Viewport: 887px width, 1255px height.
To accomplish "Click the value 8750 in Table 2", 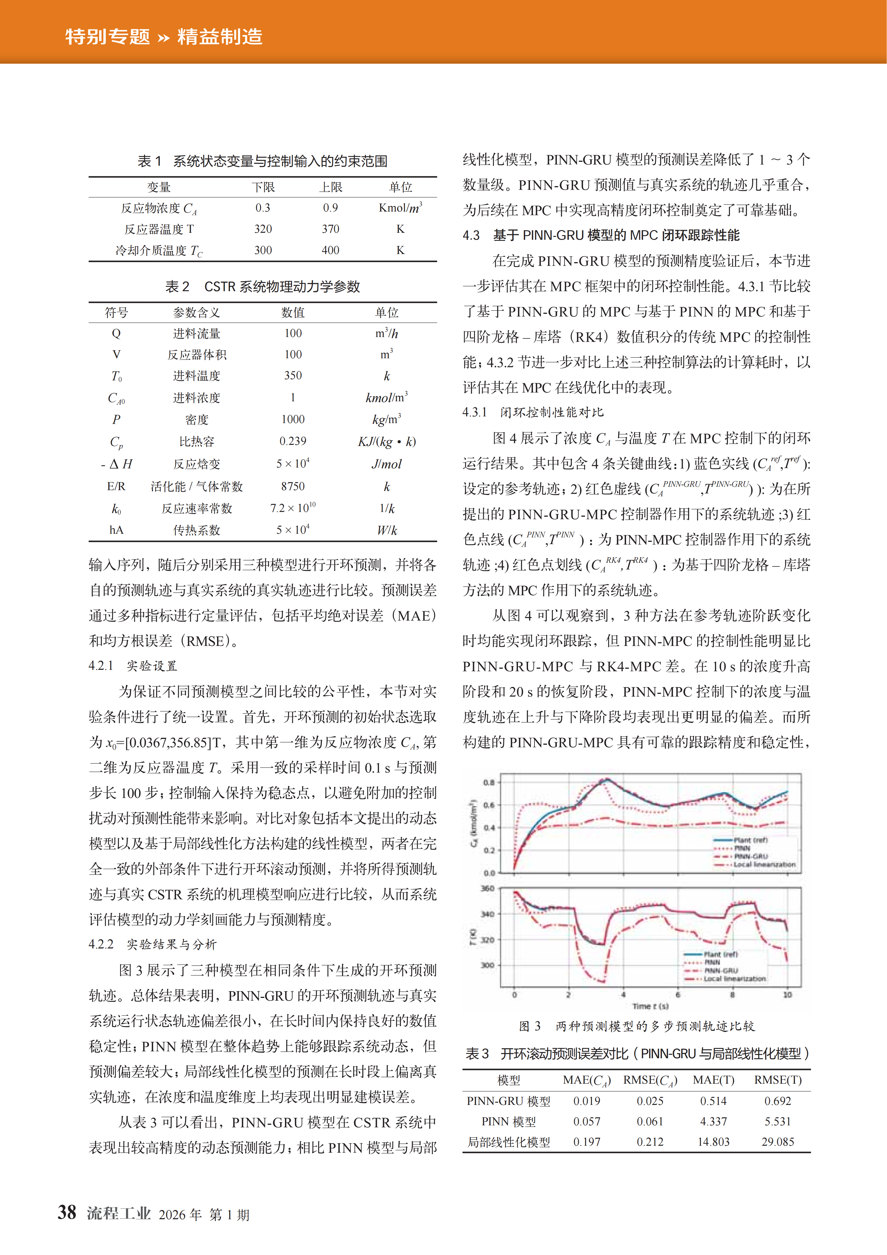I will [x=293, y=486].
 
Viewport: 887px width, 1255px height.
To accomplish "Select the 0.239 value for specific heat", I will [x=293, y=441].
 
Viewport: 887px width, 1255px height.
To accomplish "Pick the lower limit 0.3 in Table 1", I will [x=263, y=208].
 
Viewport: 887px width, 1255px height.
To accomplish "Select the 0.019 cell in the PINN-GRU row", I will [x=586, y=1101].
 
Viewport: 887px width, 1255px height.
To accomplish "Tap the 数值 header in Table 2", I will [x=293, y=313].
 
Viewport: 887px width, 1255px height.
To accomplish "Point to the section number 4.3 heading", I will [x=471, y=236].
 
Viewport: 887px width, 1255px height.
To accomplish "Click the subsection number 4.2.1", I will [x=101, y=666].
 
